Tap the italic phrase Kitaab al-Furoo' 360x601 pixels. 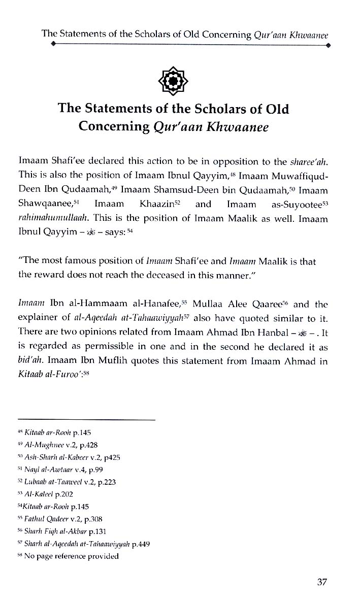pyautogui.click(x=49, y=376)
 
